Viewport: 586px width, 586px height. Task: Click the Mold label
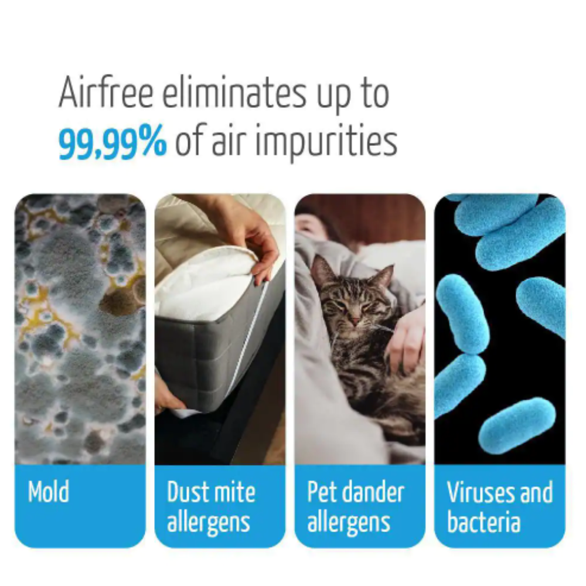point(49,491)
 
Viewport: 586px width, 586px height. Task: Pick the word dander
point(374,491)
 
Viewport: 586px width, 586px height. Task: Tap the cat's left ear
point(322,270)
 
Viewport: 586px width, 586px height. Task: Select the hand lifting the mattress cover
point(255,234)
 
